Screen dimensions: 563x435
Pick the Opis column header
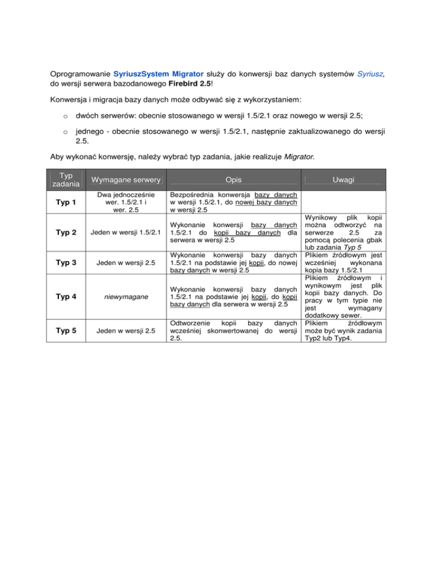click(x=234, y=180)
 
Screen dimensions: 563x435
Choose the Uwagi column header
click(x=344, y=180)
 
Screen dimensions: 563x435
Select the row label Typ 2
click(x=67, y=233)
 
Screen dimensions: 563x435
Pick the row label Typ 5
click(x=67, y=331)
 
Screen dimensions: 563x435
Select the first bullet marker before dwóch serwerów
click(x=66, y=115)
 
